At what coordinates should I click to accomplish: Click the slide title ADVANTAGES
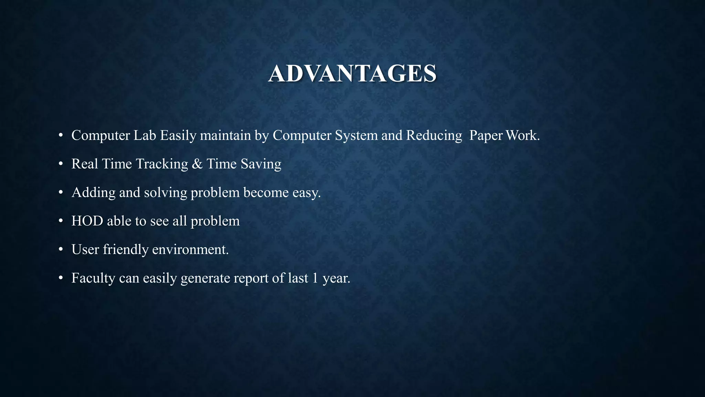[x=352, y=74]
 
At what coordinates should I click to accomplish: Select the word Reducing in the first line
[x=434, y=135]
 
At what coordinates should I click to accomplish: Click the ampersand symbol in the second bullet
[x=197, y=164]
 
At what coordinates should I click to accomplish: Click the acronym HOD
[x=87, y=221]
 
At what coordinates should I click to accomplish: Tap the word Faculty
[x=93, y=278]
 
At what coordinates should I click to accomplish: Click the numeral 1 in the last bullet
[x=315, y=278]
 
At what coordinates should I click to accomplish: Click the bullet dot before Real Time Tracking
[x=61, y=164]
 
